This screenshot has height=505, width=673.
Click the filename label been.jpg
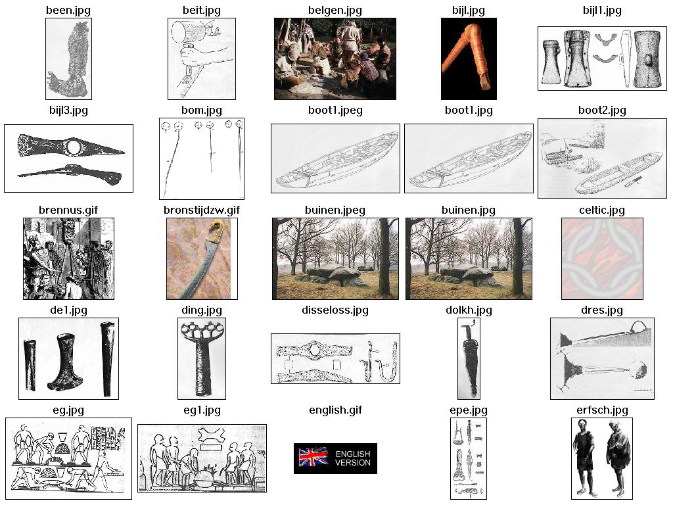68,11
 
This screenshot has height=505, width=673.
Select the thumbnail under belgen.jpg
335,59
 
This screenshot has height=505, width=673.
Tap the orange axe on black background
469,56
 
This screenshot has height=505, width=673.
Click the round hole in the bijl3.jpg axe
74,147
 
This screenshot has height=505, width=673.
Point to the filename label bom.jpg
202,110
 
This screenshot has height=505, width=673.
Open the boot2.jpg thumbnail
602,158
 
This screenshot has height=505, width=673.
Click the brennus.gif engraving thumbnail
68,258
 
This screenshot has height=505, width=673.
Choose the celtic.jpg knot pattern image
602,258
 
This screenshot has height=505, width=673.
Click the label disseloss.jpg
335,310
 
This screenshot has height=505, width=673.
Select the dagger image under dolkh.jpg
469,358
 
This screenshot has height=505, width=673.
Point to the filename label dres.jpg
602,310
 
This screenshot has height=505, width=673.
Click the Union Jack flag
313,458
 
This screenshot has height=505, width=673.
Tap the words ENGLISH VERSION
353,458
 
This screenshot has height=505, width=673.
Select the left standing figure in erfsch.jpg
585,458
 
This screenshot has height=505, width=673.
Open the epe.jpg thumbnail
469,458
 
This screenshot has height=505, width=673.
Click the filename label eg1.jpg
202,410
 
